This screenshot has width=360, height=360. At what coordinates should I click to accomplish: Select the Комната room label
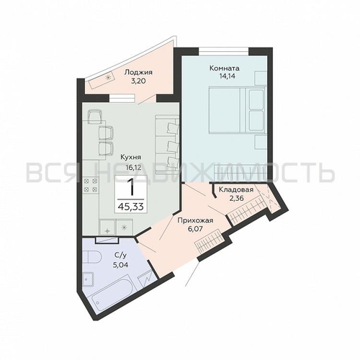(225, 68)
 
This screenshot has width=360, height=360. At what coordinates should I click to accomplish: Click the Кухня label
(130, 158)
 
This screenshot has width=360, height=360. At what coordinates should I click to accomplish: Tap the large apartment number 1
(130, 187)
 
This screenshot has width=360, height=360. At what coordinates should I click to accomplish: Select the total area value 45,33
(131, 207)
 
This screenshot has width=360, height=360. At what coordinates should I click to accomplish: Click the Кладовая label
(236, 189)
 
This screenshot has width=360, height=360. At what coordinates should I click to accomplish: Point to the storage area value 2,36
(236, 198)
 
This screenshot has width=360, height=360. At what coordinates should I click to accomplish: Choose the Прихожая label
(195, 220)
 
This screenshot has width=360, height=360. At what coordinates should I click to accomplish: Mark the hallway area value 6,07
(195, 228)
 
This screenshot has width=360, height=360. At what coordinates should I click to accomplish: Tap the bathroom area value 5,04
(120, 265)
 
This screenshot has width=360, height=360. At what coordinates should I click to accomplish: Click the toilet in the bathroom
(93, 257)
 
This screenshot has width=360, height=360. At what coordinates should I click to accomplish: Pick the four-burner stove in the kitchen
(91, 185)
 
